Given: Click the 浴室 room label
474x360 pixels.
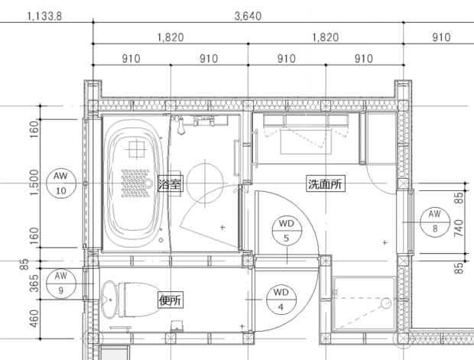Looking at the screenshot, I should [169, 183].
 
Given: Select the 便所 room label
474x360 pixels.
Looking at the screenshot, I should [170, 300].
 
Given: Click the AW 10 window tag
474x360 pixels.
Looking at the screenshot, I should [61, 183].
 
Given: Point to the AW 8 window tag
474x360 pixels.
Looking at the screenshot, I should [434, 220].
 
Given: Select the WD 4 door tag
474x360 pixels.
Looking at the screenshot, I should [281, 299].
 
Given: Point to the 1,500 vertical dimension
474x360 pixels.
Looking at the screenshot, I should [33, 183].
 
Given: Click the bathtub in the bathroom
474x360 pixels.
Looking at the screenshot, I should [133, 183].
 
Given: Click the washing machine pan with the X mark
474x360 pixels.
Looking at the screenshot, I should [364, 304].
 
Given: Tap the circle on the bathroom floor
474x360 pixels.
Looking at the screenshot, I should [206, 180].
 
